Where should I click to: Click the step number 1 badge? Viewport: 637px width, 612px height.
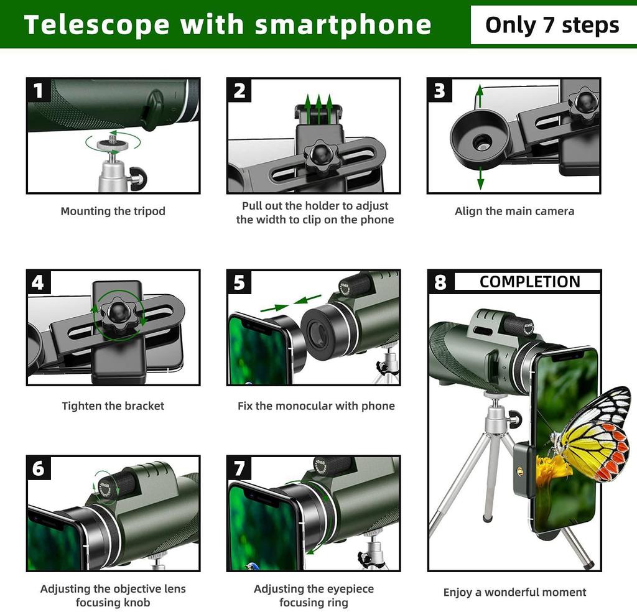[x=39, y=91]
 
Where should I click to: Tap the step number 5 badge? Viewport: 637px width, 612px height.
[x=239, y=283]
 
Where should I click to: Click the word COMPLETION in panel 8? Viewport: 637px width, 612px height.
[x=529, y=282]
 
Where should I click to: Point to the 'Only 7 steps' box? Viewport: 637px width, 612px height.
[x=552, y=25]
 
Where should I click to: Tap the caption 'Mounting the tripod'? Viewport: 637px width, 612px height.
[x=113, y=211]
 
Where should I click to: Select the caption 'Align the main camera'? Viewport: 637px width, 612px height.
[x=514, y=211]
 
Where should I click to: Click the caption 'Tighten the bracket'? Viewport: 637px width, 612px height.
[x=113, y=406]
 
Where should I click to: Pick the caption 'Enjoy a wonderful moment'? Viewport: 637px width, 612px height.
[x=514, y=592]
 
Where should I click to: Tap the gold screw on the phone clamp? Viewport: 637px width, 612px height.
[x=520, y=471]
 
